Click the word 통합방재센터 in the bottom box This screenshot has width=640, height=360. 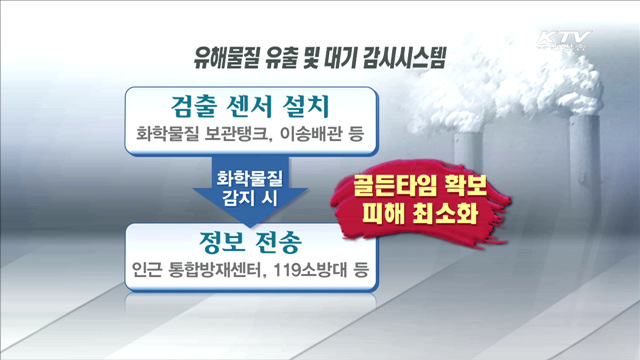pos(217,270)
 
